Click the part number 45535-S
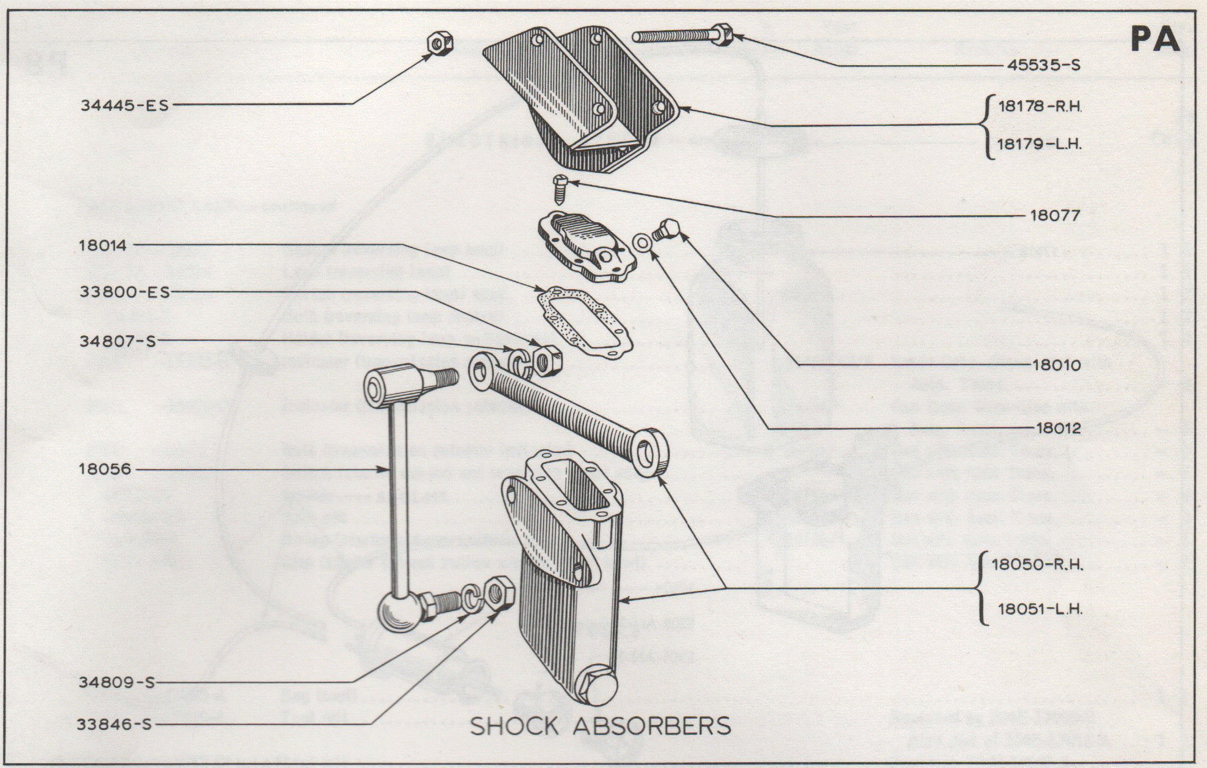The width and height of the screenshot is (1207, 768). click(1043, 65)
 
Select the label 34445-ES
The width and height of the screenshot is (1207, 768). click(125, 105)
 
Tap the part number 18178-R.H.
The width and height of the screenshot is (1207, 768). click(1039, 106)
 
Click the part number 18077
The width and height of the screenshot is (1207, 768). click(1055, 215)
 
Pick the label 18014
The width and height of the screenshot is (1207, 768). click(103, 246)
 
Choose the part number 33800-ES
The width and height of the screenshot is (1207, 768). click(125, 292)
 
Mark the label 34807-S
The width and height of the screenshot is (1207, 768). click(118, 341)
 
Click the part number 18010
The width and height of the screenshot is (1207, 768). click(1056, 365)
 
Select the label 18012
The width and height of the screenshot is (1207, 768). click(1058, 428)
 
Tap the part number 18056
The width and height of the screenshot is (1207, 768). click(104, 469)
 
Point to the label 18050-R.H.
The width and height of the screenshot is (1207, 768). click(1037, 564)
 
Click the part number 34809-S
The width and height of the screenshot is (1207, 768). click(117, 682)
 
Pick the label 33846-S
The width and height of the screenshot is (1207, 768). click(115, 725)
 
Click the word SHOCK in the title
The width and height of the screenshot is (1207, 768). click(514, 726)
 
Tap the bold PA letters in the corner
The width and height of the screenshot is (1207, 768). click(1155, 39)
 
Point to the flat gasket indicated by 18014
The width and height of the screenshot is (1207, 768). click(584, 321)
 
